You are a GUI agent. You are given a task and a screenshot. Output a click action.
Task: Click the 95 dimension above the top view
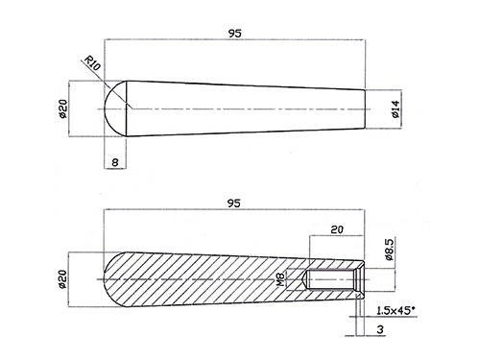click(234, 34)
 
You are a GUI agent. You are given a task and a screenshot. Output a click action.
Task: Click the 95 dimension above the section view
click(233, 204)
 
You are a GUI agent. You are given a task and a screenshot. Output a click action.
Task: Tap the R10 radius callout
click(92, 62)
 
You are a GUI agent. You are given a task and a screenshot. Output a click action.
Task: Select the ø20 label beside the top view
click(63, 108)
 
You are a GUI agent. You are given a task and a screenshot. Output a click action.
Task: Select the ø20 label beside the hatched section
click(62, 279)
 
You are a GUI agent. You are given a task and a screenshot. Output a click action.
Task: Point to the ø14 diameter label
click(395, 109)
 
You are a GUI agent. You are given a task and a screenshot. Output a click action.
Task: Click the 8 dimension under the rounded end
click(115, 162)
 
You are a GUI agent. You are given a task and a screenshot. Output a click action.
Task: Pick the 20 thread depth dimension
click(337, 229)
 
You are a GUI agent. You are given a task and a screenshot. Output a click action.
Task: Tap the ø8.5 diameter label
click(390, 249)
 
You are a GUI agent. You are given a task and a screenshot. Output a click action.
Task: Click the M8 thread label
click(280, 279)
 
